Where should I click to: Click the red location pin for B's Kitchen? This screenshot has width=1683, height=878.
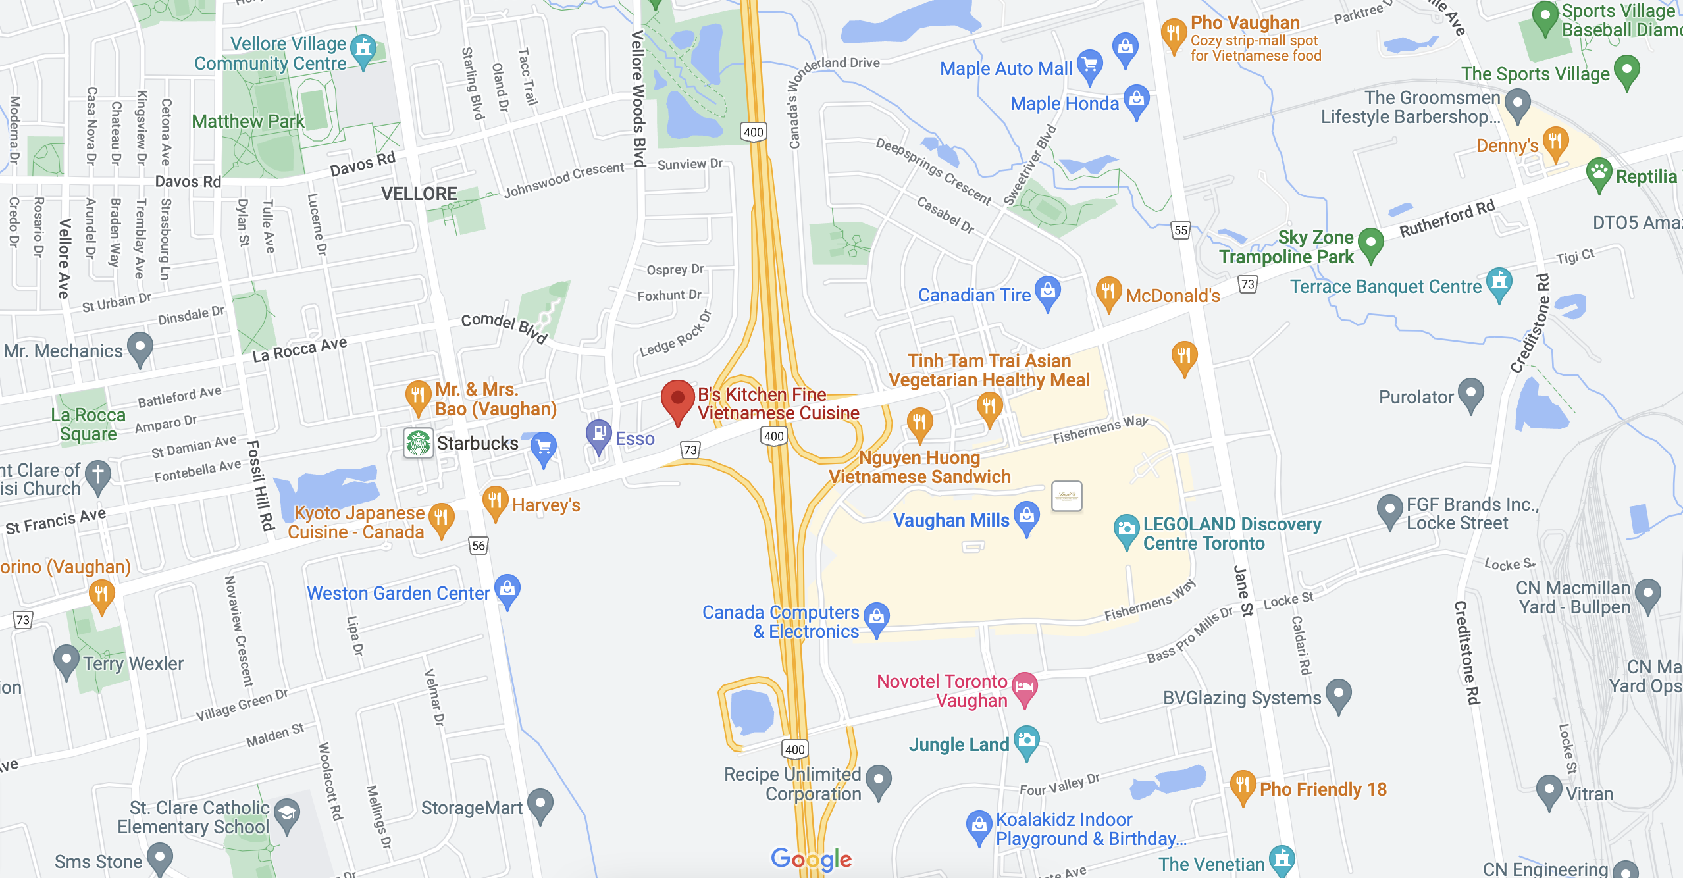(x=677, y=399)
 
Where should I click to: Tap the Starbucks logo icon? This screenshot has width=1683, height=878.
(x=419, y=443)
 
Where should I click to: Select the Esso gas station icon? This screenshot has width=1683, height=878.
(x=599, y=434)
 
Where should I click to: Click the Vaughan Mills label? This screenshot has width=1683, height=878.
(x=950, y=520)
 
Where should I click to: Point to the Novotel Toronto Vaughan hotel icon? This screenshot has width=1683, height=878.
(x=1024, y=686)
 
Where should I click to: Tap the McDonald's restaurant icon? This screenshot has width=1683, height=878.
(x=1108, y=291)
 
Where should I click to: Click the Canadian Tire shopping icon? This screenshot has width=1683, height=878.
(x=1047, y=290)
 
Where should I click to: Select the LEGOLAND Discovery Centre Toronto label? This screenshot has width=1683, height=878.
(x=1231, y=534)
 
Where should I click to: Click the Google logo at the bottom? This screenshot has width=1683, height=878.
(x=811, y=858)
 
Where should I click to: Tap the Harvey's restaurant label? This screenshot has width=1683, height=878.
(x=546, y=505)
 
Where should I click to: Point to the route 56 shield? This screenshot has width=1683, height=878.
(x=479, y=545)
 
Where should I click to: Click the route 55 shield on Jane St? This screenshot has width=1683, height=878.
(x=1181, y=230)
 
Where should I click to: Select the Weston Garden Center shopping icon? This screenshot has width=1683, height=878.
(x=507, y=588)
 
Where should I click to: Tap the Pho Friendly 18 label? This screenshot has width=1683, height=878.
(x=1323, y=789)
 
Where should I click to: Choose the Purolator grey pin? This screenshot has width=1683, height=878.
(x=1471, y=393)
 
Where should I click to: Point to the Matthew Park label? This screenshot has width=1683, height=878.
(x=248, y=121)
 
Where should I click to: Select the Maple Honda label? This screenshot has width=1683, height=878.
(x=1064, y=103)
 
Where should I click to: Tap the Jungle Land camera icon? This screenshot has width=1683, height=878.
(x=1027, y=740)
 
